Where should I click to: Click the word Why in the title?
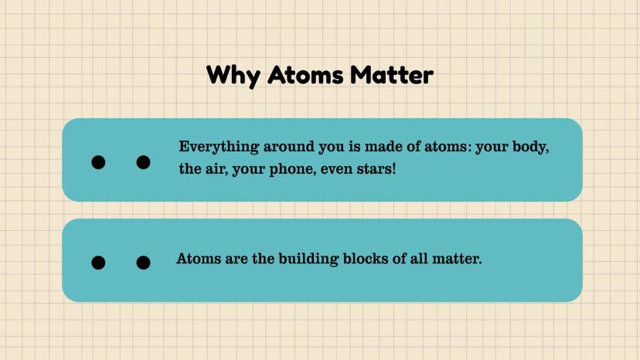point(233,76)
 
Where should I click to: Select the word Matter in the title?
point(392,75)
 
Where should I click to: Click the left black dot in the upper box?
point(98,162)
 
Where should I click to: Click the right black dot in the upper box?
point(143,162)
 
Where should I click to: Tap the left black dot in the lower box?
point(98,263)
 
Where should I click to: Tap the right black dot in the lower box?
point(143,263)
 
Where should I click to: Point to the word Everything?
point(219,147)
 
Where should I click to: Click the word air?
point(216,169)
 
